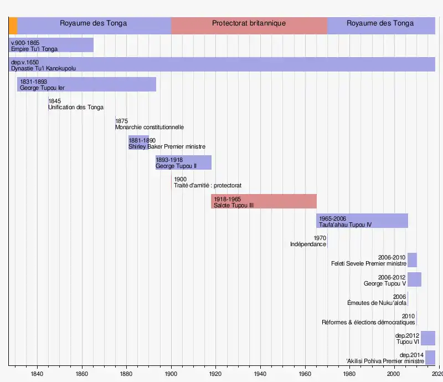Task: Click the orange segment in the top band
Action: (x=13, y=26)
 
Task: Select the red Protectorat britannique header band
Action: (x=249, y=26)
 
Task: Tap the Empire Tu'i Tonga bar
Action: (x=51, y=45)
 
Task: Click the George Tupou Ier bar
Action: (x=86, y=84)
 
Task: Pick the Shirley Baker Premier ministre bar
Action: (x=138, y=143)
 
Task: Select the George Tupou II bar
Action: (x=183, y=162)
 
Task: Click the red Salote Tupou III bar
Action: (x=264, y=201)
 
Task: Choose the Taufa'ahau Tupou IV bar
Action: (x=362, y=221)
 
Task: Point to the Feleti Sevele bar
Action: (x=412, y=260)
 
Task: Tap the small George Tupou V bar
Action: (x=414, y=279)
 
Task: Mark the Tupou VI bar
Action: (x=428, y=338)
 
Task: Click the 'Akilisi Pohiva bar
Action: (x=430, y=358)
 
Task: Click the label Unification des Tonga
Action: (x=76, y=108)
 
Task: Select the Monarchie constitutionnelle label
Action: (x=150, y=127)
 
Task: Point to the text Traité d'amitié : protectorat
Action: (x=208, y=186)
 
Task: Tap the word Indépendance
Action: (x=308, y=245)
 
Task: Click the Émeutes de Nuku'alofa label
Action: (x=377, y=303)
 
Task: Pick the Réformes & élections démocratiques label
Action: (x=368, y=323)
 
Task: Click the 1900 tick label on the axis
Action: (x=171, y=374)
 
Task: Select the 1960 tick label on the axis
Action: (x=305, y=374)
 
